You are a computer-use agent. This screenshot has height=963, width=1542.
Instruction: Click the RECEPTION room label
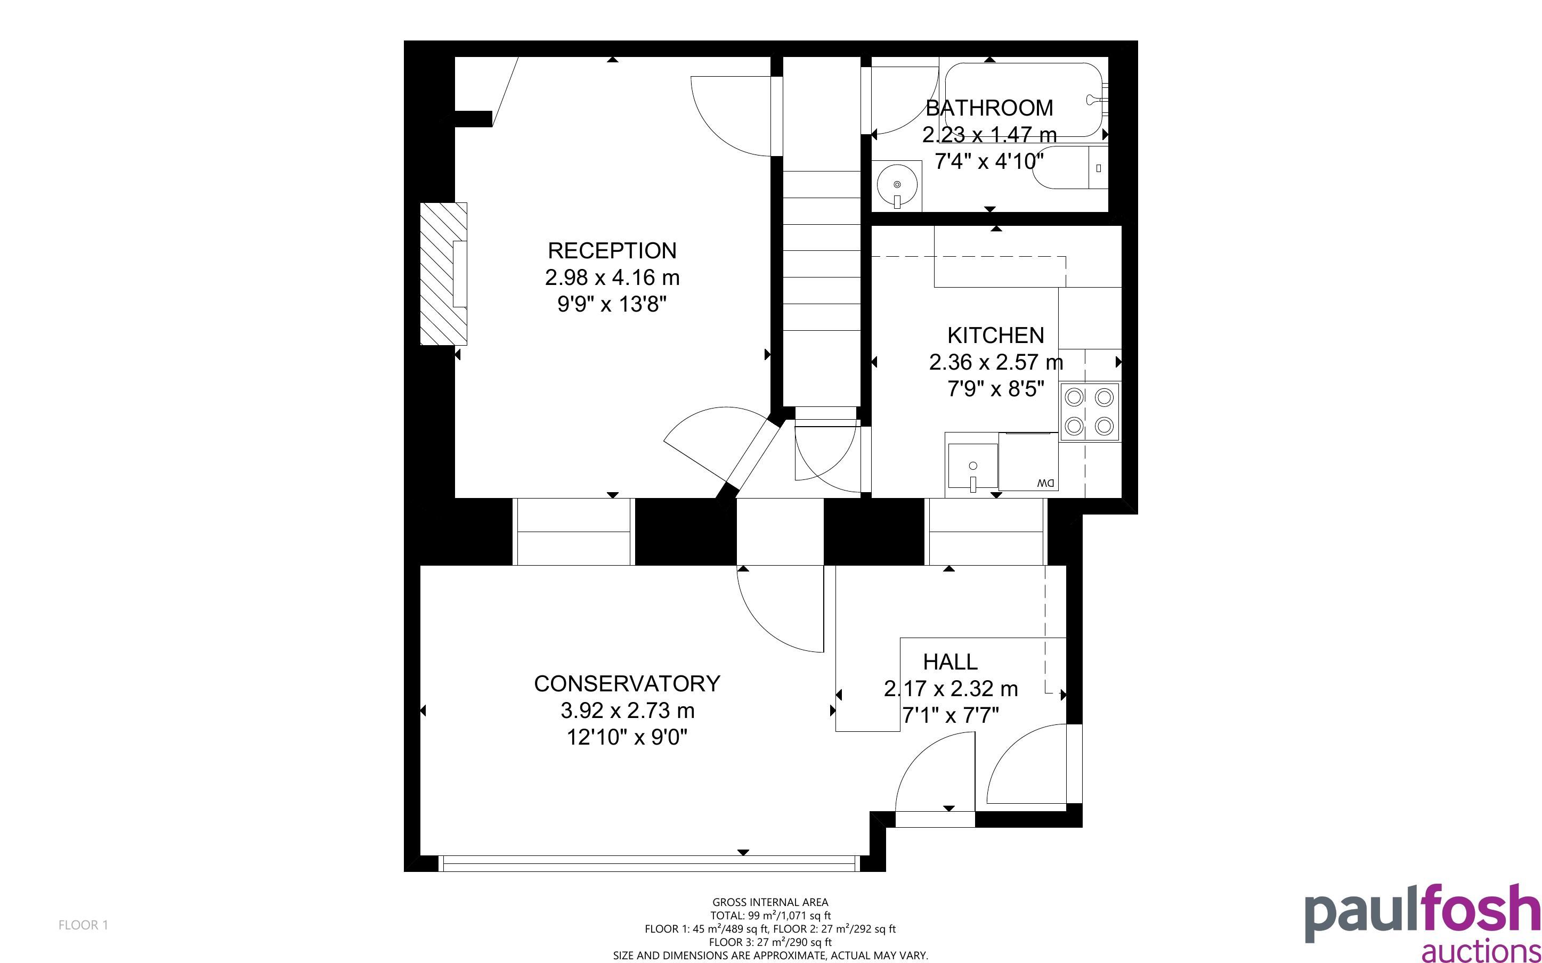click(x=612, y=250)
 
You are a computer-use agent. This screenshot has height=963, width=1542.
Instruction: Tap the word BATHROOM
click(x=989, y=108)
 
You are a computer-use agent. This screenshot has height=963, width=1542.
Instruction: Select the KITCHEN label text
click(x=995, y=335)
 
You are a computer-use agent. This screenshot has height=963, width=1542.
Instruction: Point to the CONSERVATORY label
click(x=627, y=683)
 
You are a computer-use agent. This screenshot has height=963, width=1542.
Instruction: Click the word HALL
click(x=950, y=662)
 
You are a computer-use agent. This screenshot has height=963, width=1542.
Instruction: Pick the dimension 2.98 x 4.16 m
click(x=612, y=278)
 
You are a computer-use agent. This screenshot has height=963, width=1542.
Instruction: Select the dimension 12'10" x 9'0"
click(x=627, y=738)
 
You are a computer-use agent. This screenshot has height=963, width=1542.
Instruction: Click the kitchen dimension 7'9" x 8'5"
click(x=995, y=388)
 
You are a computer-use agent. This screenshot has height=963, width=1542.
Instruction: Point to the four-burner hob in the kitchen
click(x=1089, y=411)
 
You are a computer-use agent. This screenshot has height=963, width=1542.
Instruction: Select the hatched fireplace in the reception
click(x=444, y=274)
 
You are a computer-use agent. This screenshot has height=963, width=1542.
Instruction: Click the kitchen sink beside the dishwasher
click(x=972, y=466)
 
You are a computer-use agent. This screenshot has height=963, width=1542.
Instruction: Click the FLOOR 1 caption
click(x=84, y=925)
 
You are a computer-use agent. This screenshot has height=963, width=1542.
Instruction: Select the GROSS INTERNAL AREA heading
click(x=770, y=902)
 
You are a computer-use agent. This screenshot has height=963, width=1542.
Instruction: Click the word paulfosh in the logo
click(x=1422, y=915)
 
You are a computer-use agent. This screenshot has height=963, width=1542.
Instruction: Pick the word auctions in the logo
click(x=1481, y=950)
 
